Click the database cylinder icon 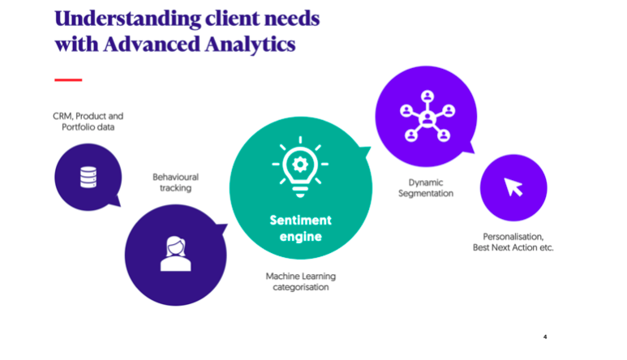tap(88, 176)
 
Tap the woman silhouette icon tap(174, 254)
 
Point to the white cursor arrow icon tap(514, 187)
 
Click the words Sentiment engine tap(301, 229)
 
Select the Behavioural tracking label tap(176, 182)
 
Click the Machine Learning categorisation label tap(301, 281)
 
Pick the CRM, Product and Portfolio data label tap(88, 122)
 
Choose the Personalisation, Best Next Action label tap(513, 242)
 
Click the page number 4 tap(546, 336)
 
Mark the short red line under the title tap(68, 79)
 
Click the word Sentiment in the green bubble tap(301, 220)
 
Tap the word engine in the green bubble tap(301, 238)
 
